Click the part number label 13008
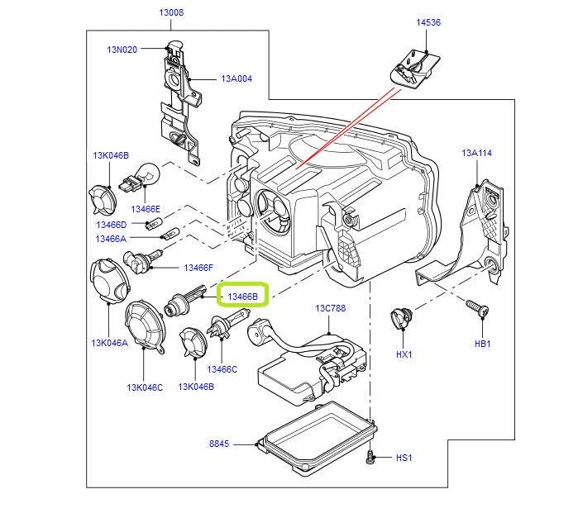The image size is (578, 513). click(x=171, y=13)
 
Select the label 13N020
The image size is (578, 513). click(x=122, y=50)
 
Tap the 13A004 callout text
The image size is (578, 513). click(x=236, y=79)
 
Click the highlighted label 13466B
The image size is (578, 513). click(x=243, y=295)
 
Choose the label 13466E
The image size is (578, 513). click(x=145, y=210)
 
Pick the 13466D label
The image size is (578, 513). click(x=111, y=225)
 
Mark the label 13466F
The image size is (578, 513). click(x=198, y=268)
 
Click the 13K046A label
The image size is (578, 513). click(x=110, y=342)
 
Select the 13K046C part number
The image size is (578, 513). click(x=145, y=387)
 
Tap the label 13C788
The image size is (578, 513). click(x=331, y=309)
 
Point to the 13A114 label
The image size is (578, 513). click(x=477, y=154)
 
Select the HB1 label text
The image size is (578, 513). click(x=483, y=343)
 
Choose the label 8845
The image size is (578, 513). click(x=220, y=444)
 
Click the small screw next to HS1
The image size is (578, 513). click(x=372, y=454)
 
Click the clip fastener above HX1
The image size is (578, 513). click(x=403, y=317)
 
